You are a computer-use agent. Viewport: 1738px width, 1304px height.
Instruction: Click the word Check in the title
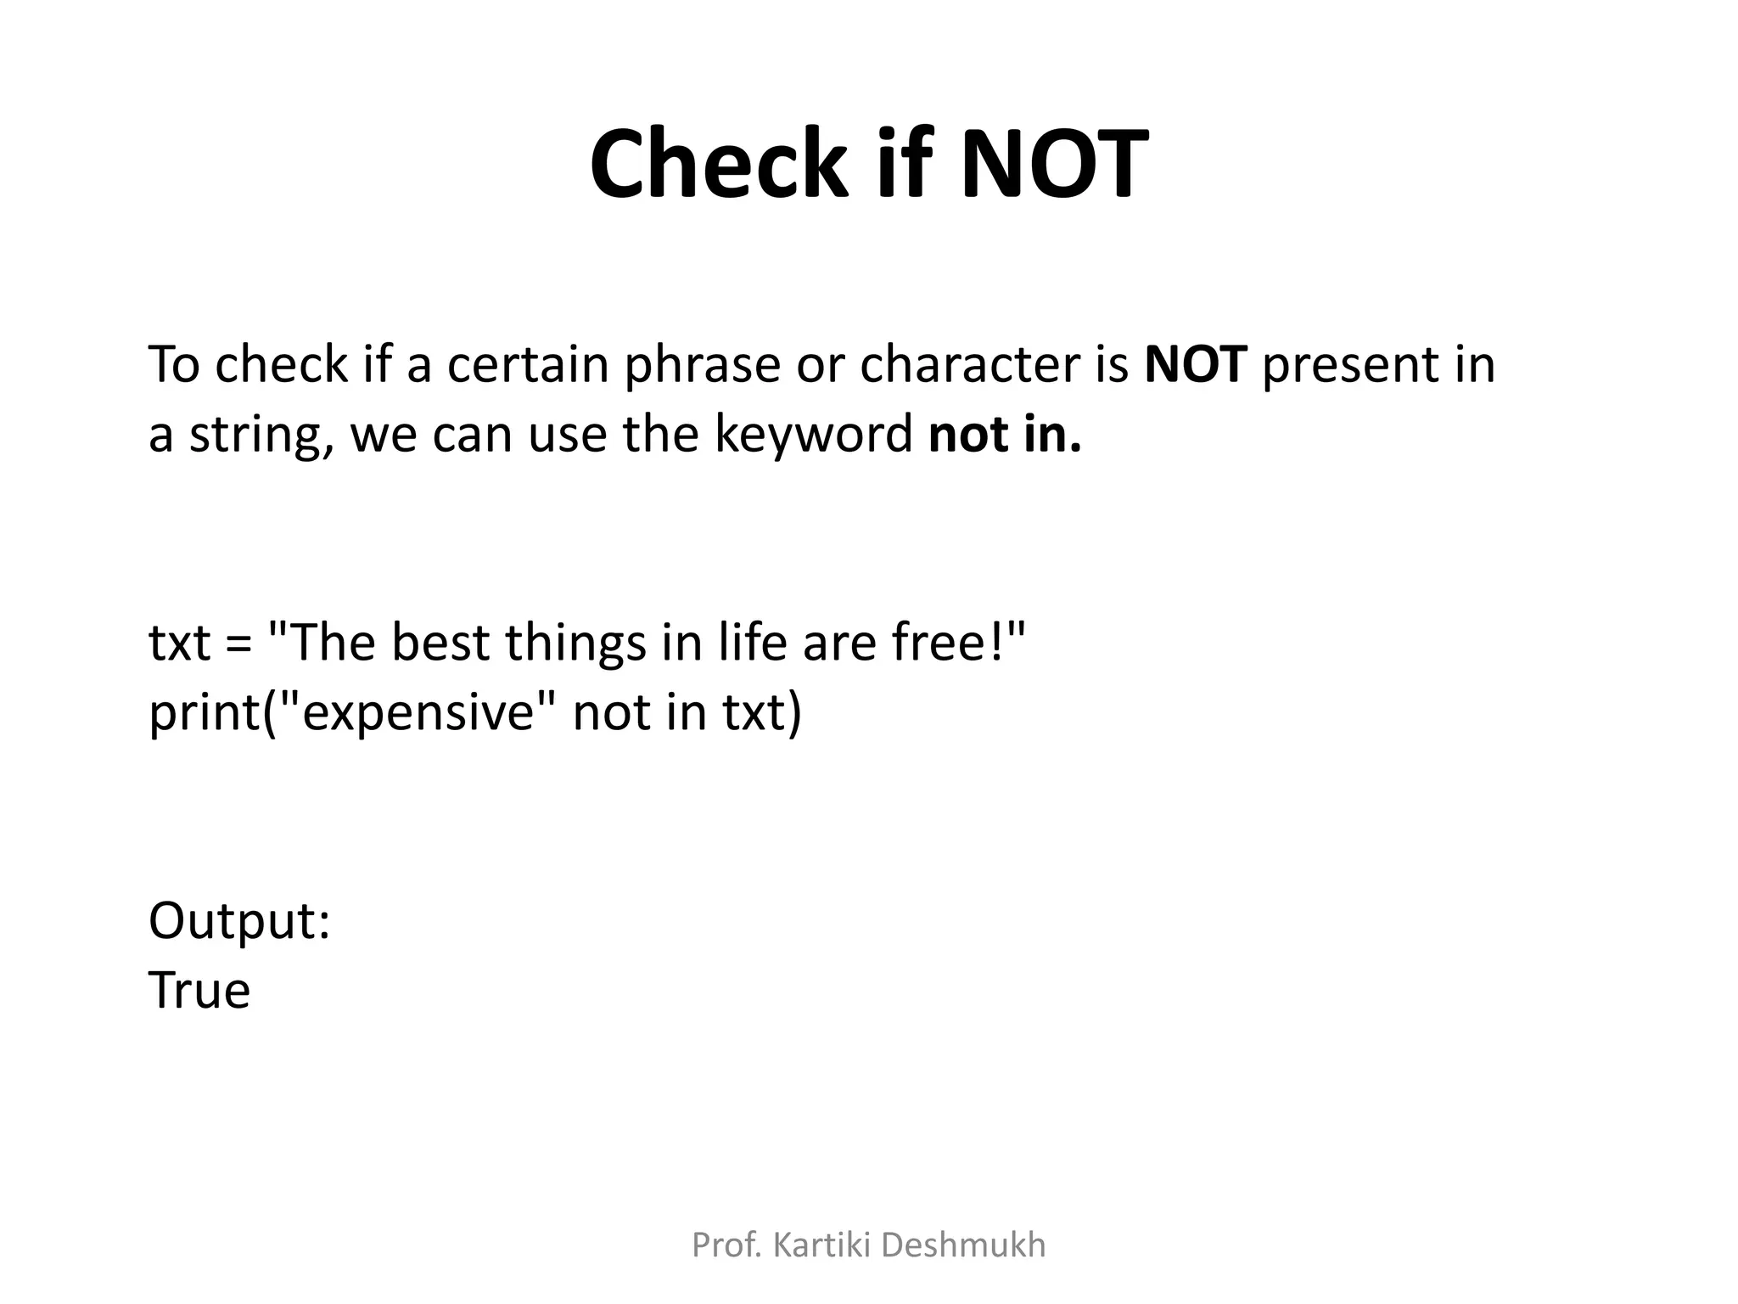click(x=718, y=164)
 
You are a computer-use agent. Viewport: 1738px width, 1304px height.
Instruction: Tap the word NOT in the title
click(x=1054, y=164)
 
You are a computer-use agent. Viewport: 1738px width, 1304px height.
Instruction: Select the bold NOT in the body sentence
click(x=1196, y=364)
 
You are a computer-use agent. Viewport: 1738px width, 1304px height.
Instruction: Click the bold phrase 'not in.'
click(x=1006, y=434)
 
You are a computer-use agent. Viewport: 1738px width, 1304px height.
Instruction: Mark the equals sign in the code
click(x=239, y=644)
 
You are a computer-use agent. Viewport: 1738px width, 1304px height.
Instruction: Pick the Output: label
click(x=239, y=921)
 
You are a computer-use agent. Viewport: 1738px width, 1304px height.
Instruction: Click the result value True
click(x=199, y=991)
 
